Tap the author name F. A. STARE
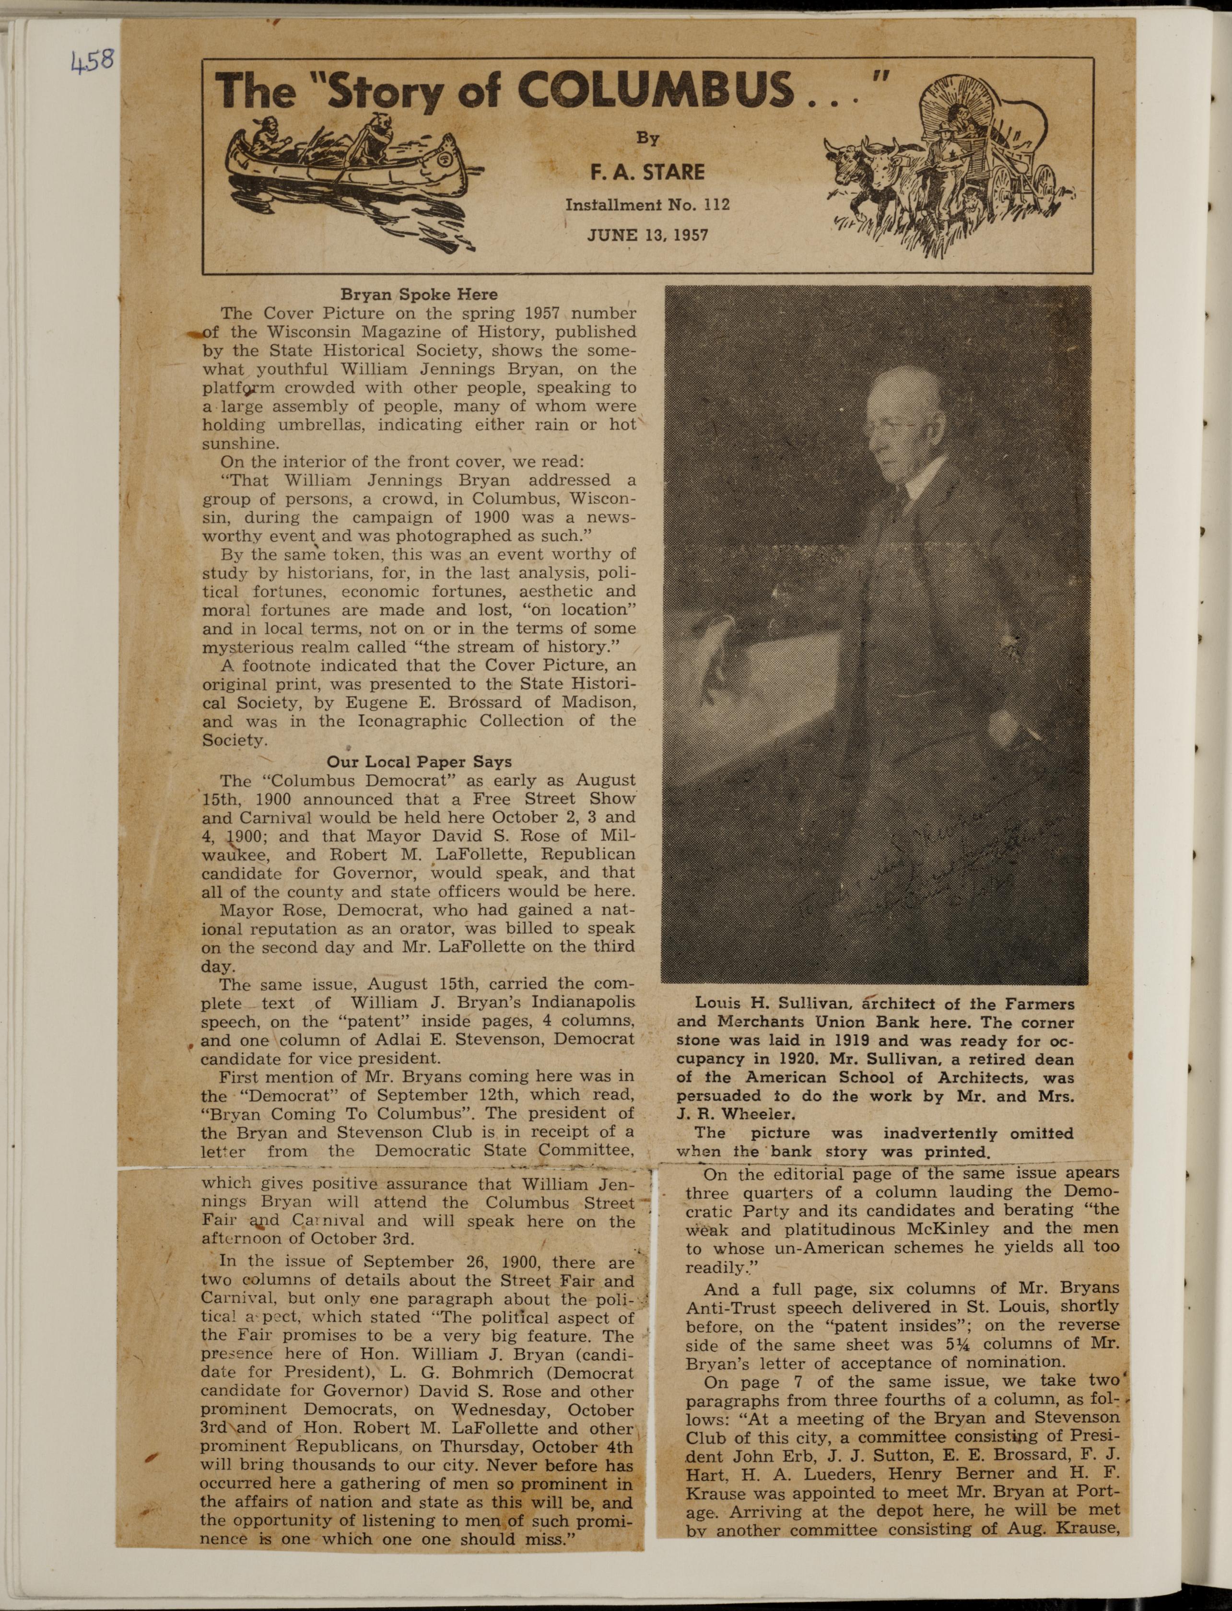pyautogui.click(x=647, y=172)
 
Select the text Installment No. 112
pyautogui.click(x=647, y=205)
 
